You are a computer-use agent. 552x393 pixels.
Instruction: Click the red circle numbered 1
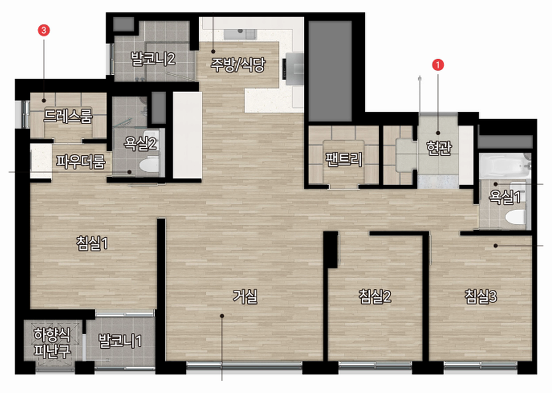tap(437, 65)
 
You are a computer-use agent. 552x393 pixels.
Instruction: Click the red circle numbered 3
tap(44, 30)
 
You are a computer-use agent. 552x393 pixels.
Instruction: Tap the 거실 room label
tap(245, 297)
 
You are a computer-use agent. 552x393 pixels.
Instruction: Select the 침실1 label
tap(92, 243)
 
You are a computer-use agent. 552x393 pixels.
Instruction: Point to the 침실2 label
tap(375, 297)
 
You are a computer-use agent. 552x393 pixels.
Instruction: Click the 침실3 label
tap(480, 297)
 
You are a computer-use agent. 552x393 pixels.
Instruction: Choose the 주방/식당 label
tap(238, 64)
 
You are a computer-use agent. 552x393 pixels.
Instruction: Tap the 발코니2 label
tap(153, 58)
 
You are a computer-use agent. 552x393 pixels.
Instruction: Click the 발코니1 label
tap(120, 341)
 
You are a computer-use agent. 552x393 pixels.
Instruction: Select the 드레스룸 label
tap(68, 116)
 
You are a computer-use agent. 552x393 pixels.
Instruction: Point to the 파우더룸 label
tap(80, 161)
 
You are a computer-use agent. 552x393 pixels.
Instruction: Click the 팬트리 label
tap(344, 159)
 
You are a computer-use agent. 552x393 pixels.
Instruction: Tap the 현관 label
tap(439, 148)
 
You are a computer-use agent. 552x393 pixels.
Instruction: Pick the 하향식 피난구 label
tap(52, 342)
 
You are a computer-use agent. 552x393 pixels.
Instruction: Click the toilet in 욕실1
tap(516, 217)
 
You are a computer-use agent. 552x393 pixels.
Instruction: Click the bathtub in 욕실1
tap(505, 166)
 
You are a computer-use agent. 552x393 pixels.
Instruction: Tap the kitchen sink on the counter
tap(240, 34)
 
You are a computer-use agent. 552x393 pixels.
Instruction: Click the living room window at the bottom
tap(244, 365)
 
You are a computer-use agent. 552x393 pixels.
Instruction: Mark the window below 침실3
tap(480, 365)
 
